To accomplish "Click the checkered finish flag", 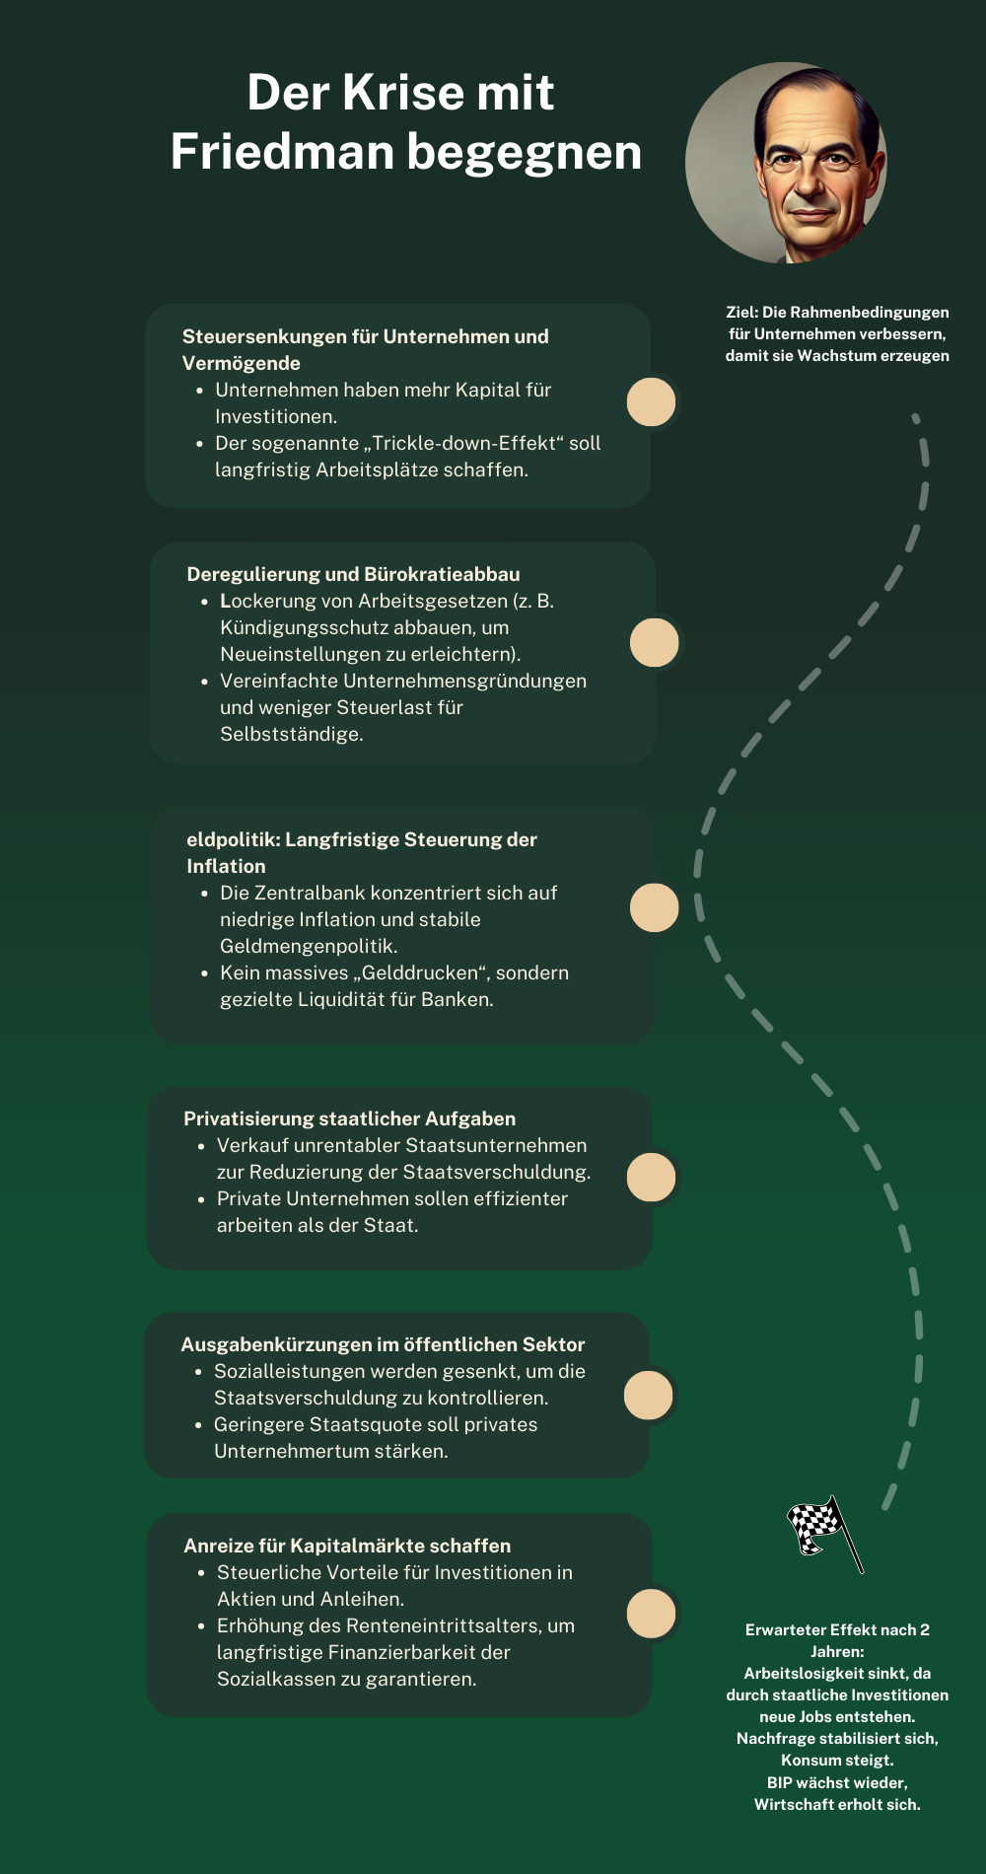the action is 825,1532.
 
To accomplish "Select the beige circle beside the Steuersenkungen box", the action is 652,401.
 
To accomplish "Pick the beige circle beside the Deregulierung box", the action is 655,642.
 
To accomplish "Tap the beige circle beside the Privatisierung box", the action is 652,1177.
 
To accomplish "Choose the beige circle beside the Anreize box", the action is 652,1614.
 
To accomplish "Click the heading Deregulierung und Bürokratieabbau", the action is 353,574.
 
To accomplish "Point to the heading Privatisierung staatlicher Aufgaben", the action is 350,1118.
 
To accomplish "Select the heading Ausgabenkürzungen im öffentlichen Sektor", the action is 383,1344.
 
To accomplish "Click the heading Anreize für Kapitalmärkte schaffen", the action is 347,1546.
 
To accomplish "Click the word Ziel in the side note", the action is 741,312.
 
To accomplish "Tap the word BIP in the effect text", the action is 779,1782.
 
